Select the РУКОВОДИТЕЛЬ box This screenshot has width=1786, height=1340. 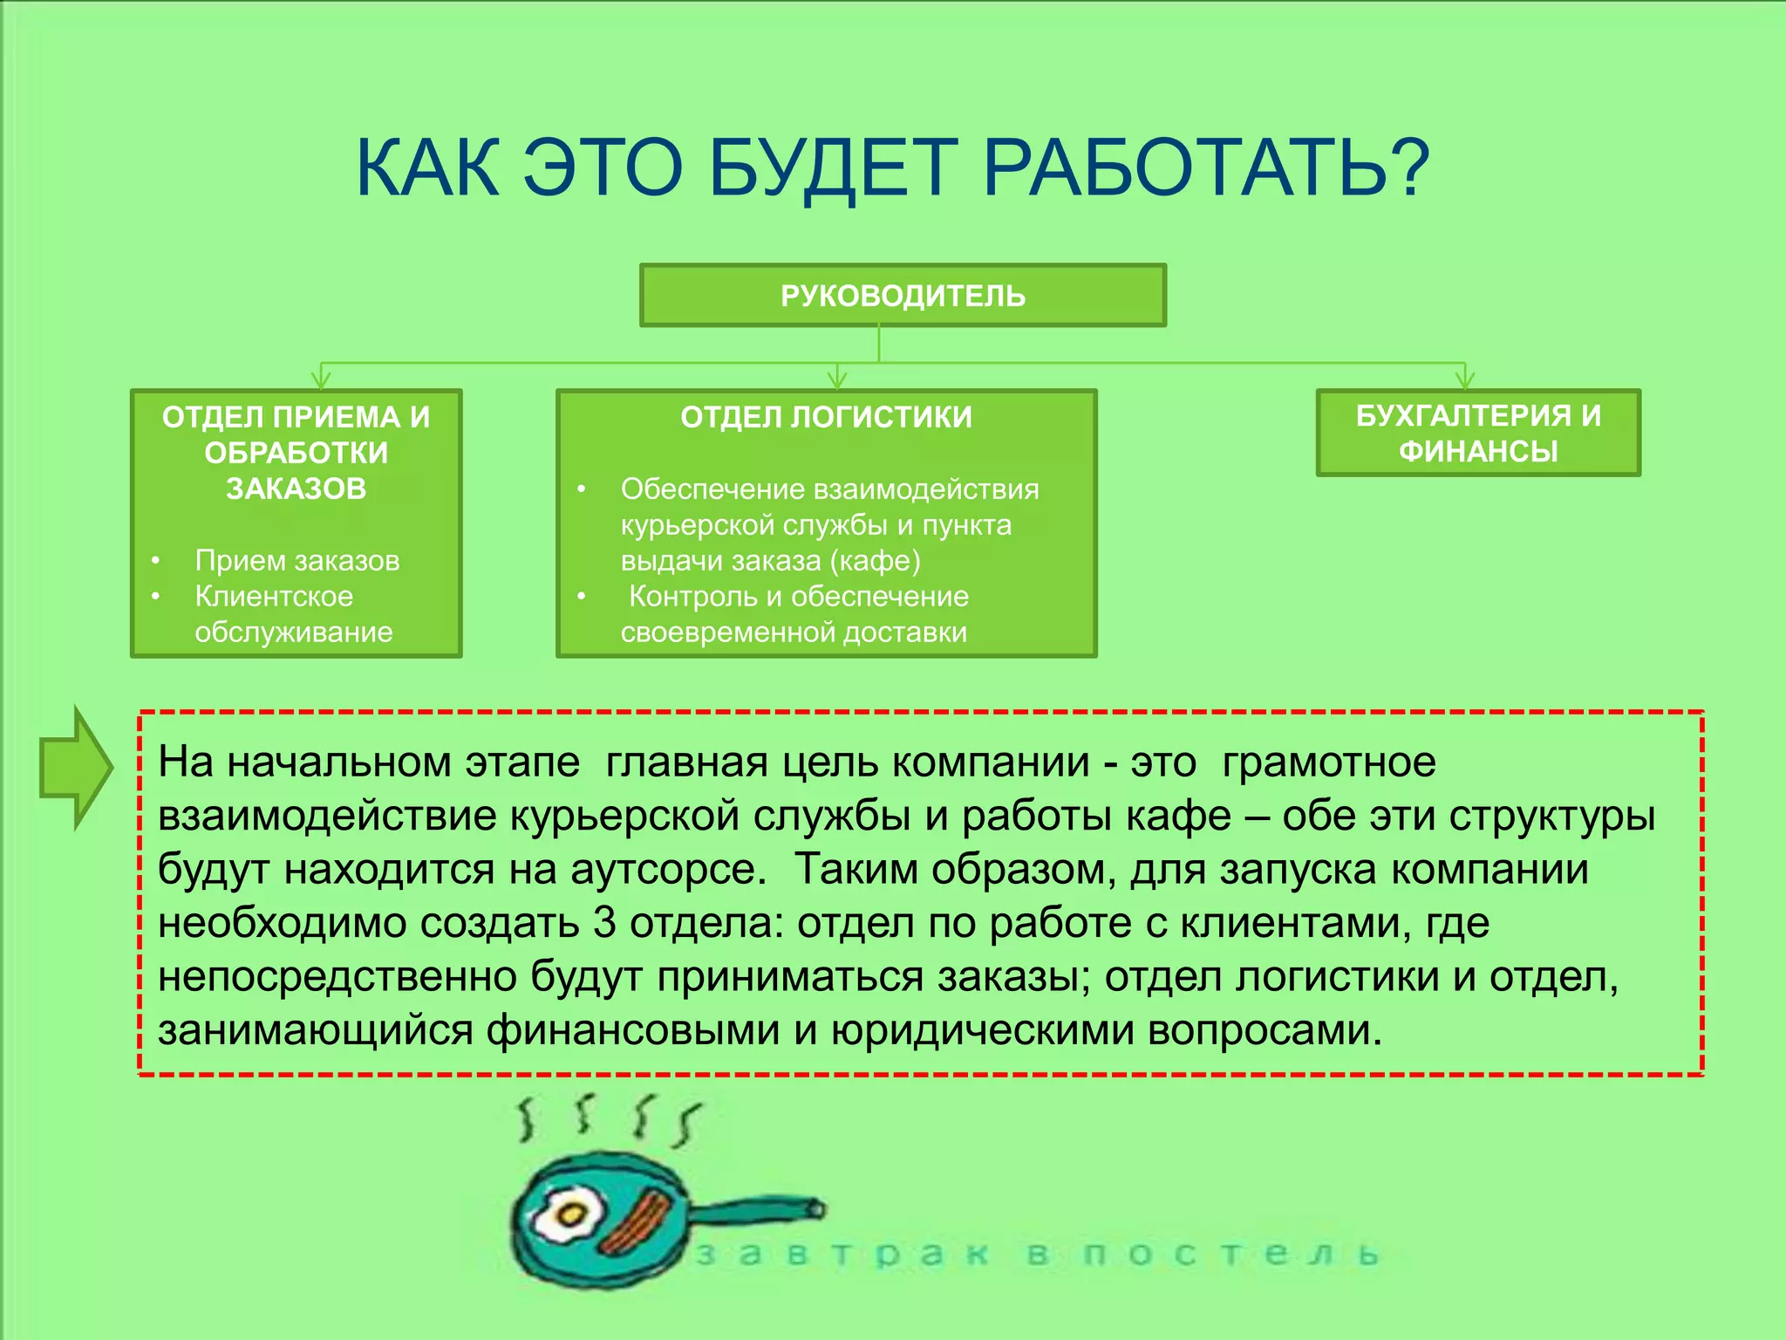[903, 296]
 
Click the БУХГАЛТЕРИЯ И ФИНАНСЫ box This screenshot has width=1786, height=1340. [1478, 434]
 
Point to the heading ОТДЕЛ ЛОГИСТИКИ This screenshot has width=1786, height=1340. [826, 417]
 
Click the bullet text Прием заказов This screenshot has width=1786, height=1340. [297, 560]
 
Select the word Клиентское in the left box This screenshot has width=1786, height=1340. [274, 596]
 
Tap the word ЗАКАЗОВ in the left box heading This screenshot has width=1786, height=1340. [297, 489]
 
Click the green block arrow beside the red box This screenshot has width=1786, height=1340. [76, 768]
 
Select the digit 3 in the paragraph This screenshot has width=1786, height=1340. [604, 923]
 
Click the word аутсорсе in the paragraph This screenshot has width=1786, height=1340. [667, 870]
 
